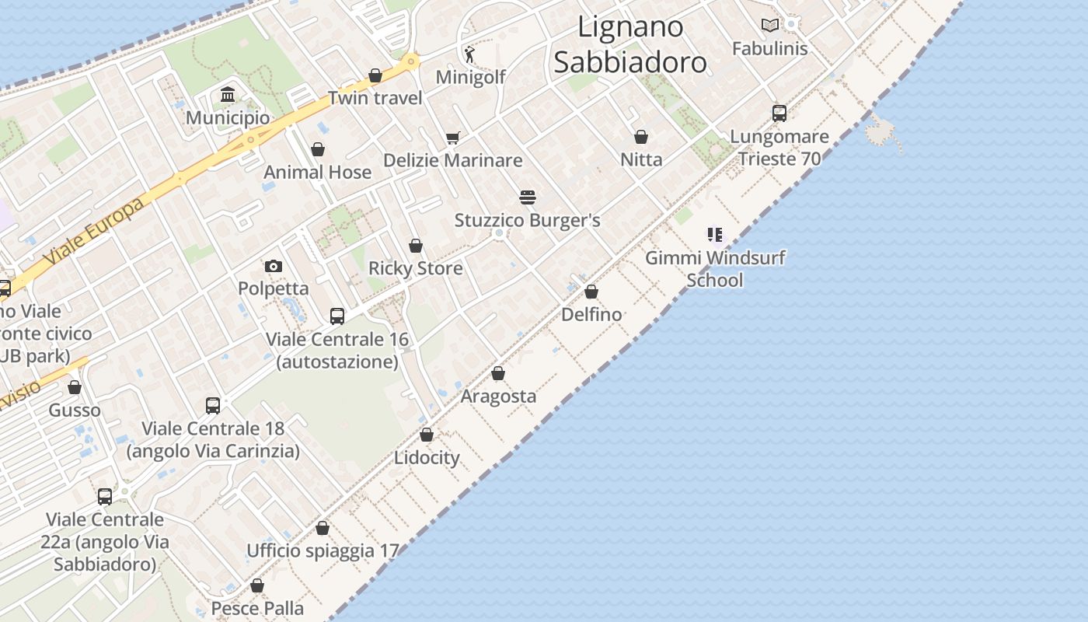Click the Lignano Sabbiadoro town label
[630, 44]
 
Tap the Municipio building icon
[228, 95]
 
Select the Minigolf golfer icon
[469, 54]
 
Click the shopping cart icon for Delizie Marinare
[453, 138]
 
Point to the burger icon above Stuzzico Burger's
[528, 197]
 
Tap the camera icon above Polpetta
[274, 266]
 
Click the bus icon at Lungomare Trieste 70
[779, 114]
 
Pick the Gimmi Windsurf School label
[715, 269]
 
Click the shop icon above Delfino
[591, 292]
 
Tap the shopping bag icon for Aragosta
[498, 373]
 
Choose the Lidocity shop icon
[427, 435]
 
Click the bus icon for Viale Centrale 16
[337, 316]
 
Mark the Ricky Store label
[415, 268]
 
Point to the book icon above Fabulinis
[770, 25]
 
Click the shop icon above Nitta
[641, 137]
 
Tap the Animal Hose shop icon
[318, 149]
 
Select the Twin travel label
[375, 98]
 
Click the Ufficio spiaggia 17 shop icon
[323, 528]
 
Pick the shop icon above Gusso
[75, 387]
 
